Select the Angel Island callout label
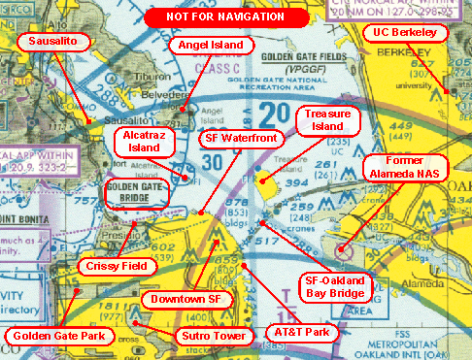point(212,46)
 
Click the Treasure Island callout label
point(327,121)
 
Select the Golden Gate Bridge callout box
point(134,192)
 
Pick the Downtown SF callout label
point(188,299)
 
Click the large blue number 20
point(275,114)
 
